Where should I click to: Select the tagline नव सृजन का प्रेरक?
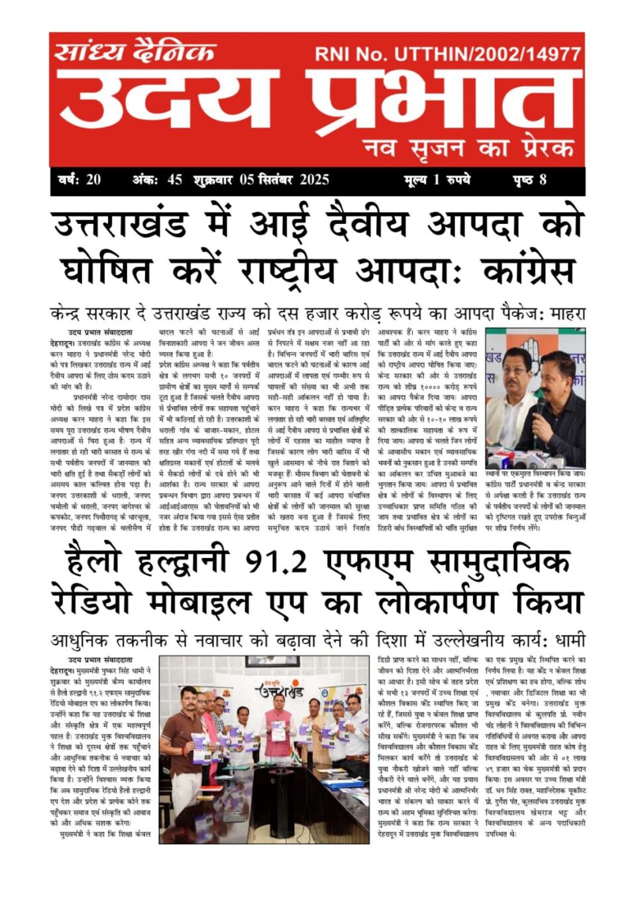pyautogui.click(x=468, y=147)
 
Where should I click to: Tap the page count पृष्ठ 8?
pyautogui.click(x=529, y=180)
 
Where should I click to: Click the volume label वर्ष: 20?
pyautogui.click(x=79, y=180)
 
